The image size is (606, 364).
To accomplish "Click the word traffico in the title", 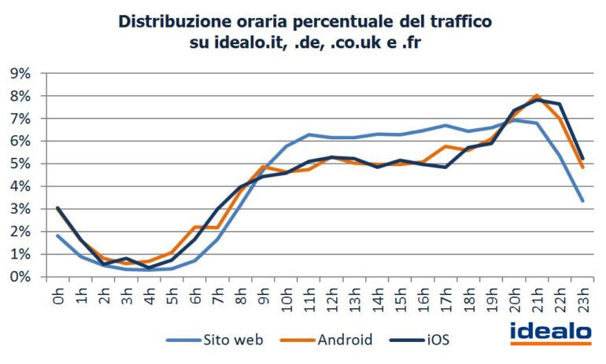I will [458, 21].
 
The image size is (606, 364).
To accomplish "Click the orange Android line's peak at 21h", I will [537, 95].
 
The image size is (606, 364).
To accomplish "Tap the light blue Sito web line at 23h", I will [582, 201].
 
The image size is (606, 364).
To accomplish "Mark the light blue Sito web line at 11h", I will [309, 134].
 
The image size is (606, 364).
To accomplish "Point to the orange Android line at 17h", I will [446, 146].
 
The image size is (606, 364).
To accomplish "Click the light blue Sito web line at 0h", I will [58, 236].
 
